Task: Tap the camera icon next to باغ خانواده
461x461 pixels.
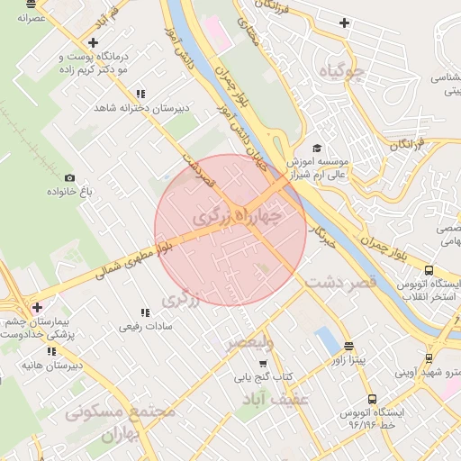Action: (x=69, y=178)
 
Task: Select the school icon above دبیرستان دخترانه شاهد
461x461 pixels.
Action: (x=140, y=94)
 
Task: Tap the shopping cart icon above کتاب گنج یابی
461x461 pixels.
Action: (x=262, y=364)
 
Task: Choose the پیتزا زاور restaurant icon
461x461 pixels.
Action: (x=348, y=346)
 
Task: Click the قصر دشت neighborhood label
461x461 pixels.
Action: (x=338, y=284)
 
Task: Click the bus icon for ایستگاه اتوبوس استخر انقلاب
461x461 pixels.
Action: (x=430, y=270)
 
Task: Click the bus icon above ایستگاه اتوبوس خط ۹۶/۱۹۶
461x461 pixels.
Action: (x=371, y=399)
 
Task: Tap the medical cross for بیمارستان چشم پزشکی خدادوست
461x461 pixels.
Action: (x=37, y=307)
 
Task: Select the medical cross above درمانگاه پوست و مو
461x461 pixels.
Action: (x=93, y=41)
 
